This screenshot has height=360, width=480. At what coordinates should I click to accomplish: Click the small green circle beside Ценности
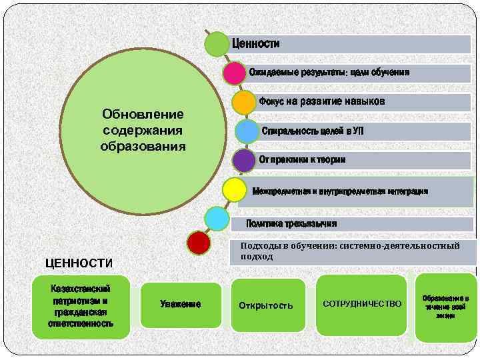[217, 44]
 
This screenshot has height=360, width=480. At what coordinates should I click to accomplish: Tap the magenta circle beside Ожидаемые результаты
[235, 73]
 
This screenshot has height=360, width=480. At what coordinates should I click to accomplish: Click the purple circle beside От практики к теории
[244, 161]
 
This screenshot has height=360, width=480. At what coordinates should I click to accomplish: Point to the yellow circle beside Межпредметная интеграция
[234, 190]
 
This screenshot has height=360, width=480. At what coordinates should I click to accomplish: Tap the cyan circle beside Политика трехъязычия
[217, 219]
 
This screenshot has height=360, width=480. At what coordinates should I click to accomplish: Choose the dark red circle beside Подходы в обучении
[199, 243]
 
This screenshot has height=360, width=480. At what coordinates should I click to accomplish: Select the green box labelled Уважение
[181, 305]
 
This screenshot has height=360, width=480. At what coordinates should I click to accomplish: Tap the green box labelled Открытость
[266, 305]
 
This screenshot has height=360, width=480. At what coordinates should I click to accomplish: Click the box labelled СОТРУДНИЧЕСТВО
[362, 304]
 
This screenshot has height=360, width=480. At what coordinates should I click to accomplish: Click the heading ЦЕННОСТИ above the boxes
[79, 263]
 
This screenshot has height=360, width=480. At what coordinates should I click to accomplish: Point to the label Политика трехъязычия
[291, 223]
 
